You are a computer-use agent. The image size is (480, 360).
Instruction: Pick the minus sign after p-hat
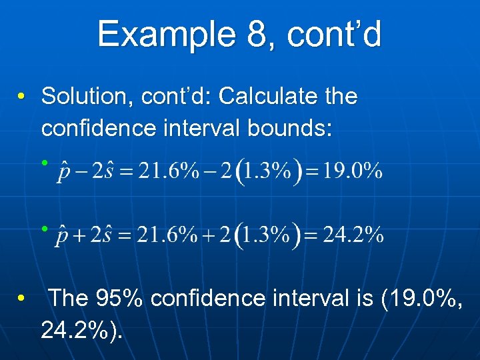click(x=81, y=172)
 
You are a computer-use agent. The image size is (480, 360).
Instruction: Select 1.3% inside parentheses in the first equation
click(x=270, y=171)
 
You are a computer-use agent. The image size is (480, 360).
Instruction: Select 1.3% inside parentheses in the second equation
click(x=271, y=235)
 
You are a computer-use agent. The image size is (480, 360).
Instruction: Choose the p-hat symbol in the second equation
click(x=65, y=235)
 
